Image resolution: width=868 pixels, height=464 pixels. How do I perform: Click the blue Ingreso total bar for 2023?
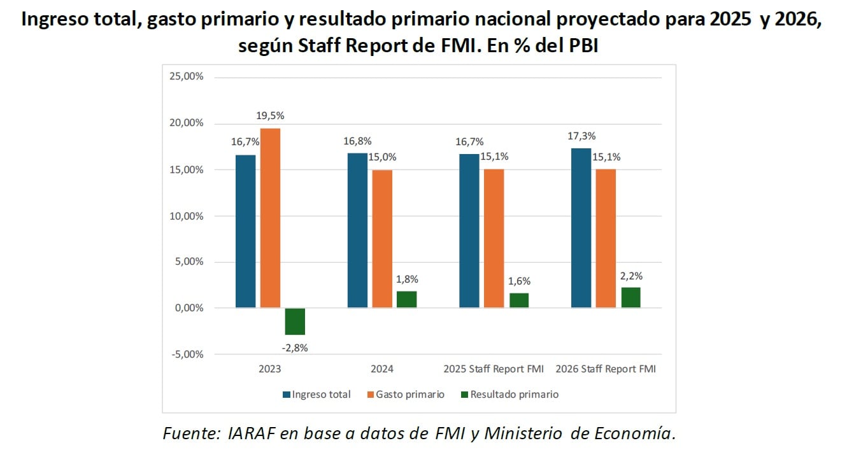click(x=245, y=232)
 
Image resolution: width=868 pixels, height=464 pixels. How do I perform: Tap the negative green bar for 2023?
click(x=295, y=321)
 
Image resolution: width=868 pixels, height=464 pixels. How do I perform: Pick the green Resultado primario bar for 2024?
click(x=406, y=300)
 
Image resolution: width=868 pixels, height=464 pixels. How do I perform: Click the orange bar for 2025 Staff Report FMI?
click(x=494, y=239)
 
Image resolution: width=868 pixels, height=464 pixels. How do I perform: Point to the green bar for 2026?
click(x=630, y=298)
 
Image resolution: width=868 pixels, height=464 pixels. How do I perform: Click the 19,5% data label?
click(x=271, y=116)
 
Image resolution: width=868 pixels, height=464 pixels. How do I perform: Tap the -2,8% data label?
click(x=295, y=348)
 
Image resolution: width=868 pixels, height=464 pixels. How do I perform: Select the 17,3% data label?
click(x=580, y=136)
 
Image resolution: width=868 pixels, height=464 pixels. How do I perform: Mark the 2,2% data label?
click(x=631, y=276)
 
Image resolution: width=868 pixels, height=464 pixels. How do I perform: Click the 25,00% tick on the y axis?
click(x=186, y=77)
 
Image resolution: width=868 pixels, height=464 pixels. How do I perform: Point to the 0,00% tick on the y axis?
click(x=188, y=308)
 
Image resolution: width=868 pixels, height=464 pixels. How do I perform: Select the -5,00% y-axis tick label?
click(x=186, y=355)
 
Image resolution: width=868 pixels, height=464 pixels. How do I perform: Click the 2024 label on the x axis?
click(x=382, y=369)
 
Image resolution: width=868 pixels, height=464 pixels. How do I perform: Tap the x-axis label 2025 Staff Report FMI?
click(x=494, y=369)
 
